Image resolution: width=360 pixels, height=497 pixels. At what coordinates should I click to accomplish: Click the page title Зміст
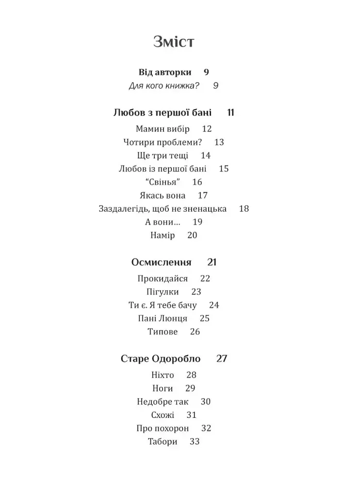point(174,42)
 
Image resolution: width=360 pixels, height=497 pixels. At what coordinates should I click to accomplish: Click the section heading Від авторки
point(165,72)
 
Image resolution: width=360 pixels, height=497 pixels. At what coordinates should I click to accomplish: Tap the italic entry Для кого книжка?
point(164,86)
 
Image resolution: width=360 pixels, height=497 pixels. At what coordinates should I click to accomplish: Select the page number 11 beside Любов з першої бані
point(230,113)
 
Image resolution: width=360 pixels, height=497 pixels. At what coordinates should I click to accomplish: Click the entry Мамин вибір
point(163,129)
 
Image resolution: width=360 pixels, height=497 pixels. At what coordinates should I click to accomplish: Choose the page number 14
point(206,156)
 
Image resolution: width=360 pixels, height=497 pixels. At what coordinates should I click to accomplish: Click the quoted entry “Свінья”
point(160,182)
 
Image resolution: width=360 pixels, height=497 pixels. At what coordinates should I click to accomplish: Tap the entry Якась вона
point(162,196)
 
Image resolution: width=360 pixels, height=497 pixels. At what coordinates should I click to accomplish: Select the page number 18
point(244,209)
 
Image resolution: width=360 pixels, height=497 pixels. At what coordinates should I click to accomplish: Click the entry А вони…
point(163,222)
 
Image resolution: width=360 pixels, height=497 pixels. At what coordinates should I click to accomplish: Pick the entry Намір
point(163,235)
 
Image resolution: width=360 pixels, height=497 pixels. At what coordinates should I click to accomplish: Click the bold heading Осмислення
point(161,263)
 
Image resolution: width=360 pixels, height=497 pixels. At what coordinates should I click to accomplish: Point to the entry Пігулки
point(163,292)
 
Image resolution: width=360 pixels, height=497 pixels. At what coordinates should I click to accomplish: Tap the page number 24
point(214,305)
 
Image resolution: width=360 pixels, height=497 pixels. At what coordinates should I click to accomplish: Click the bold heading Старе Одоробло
point(161,359)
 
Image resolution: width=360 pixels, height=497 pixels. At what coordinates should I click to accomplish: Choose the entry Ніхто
point(163,375)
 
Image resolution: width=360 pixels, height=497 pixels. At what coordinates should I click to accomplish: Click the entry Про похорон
point(163,429)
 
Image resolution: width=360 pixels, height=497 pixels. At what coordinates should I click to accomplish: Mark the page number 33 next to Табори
point(195,442)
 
